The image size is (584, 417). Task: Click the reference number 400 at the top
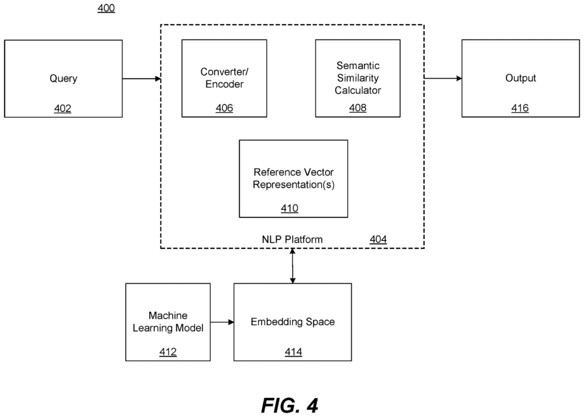coord(106,8)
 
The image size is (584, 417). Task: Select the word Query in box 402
coord(63,79)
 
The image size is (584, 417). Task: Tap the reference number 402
coord(63,108)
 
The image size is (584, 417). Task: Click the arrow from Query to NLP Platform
coord(142,79)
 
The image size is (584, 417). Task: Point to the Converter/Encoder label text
coord(224,78)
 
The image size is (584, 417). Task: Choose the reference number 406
coord(224,108)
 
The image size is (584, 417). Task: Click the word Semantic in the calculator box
coord(358,65)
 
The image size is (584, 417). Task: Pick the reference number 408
coord(357,108)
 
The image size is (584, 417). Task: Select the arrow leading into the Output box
coord(443,78)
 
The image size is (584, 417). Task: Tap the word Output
coord(521,78)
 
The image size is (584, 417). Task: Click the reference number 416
coord(520,108)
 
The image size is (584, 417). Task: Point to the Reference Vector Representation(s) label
coord(293,178)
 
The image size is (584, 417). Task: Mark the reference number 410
coord(289,208)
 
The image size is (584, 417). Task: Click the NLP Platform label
coord(292,239)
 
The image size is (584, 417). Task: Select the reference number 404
coord(378,239)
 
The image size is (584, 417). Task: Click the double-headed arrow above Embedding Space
coord(293,266)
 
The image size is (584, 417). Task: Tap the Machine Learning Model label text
coord(168,321)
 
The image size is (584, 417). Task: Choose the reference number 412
coord(168,352)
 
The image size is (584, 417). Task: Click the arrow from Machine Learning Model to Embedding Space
coord(222,322)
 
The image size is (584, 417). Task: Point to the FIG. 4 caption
coord(289,406)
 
